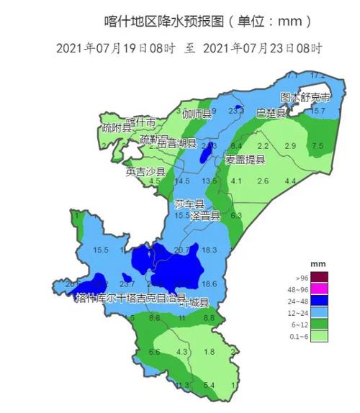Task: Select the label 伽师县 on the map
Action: pos(197,114)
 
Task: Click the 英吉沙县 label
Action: pos(145,172)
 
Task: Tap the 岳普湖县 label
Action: pos(176,144)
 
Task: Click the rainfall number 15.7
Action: pos(318,112)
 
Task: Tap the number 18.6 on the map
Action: pos(210,284)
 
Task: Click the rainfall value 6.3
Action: pos(235,215)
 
